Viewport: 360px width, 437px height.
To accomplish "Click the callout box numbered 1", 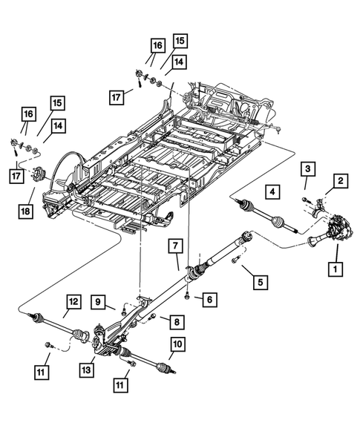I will click(x=336, y=268).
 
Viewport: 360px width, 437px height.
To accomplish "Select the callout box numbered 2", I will click(x=340, y=180).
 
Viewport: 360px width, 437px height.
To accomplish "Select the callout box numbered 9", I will click(x=98, y=301).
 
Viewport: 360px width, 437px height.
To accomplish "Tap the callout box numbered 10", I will click(x=177, y=344).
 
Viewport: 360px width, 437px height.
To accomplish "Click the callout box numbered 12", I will click(x=73, y=302).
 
